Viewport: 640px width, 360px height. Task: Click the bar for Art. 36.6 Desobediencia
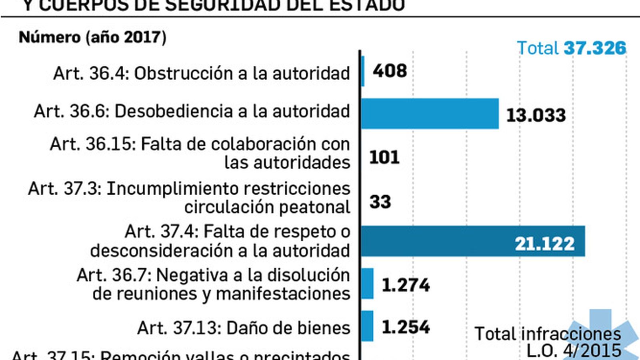430,114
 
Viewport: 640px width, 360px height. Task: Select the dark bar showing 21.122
472,241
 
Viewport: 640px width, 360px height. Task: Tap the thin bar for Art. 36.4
363,71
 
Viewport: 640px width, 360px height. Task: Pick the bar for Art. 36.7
367,284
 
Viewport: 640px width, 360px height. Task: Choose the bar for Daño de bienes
367,326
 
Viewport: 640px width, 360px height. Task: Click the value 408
390,71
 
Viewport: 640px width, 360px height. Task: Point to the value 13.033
536,116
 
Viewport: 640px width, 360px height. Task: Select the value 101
384,157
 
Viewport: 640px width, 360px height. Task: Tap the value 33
380,202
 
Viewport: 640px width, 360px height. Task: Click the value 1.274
406,285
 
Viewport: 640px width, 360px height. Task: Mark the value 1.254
406,327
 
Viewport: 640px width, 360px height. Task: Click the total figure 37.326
595,48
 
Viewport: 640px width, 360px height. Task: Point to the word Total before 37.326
538,48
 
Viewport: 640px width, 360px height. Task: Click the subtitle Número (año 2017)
92,37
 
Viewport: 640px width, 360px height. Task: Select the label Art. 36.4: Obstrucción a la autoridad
202,74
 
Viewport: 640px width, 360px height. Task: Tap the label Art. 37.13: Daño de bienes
244,328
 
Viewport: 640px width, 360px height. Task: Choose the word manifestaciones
283,294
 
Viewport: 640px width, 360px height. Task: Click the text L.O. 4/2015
574,351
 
